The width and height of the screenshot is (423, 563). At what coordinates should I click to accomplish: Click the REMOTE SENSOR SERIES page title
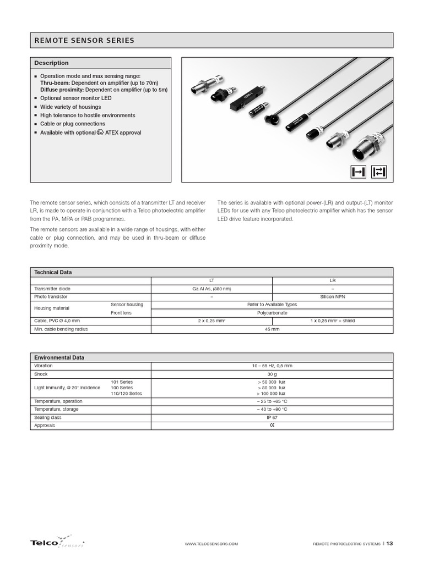click(84, 41)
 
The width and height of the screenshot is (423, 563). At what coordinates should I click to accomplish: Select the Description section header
click(51, 63)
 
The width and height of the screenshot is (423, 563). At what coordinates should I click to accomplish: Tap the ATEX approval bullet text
click(90, 133)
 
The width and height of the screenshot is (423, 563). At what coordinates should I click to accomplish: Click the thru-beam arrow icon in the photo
click(358, 172)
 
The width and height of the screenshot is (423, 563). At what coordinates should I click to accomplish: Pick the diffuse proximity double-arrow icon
click(379, 172)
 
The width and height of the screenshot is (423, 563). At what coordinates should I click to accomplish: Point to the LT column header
click(211, 280)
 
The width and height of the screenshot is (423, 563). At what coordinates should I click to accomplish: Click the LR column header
click(332, 280)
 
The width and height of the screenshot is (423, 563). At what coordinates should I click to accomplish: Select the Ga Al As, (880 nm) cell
click(211, 289)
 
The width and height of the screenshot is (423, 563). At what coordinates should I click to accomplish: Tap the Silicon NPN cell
click(332, 296)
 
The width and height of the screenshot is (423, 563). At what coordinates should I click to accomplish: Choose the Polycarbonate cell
click(272, 312)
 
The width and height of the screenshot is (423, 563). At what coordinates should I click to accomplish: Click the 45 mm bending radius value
click(272, 329)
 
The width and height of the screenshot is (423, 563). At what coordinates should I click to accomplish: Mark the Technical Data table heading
click(53, 272)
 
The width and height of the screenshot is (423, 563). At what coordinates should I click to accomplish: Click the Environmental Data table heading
click(59, 357)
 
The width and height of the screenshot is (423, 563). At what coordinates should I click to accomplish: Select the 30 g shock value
click(272, 374)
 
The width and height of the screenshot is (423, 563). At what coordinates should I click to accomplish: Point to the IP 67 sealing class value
click(272, 417)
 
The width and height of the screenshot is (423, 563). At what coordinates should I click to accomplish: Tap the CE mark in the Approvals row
click(272, 426)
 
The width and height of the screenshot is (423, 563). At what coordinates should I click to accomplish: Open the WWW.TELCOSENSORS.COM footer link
click(212, 544)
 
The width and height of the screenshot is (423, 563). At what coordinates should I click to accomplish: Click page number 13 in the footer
click(389, 544)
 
